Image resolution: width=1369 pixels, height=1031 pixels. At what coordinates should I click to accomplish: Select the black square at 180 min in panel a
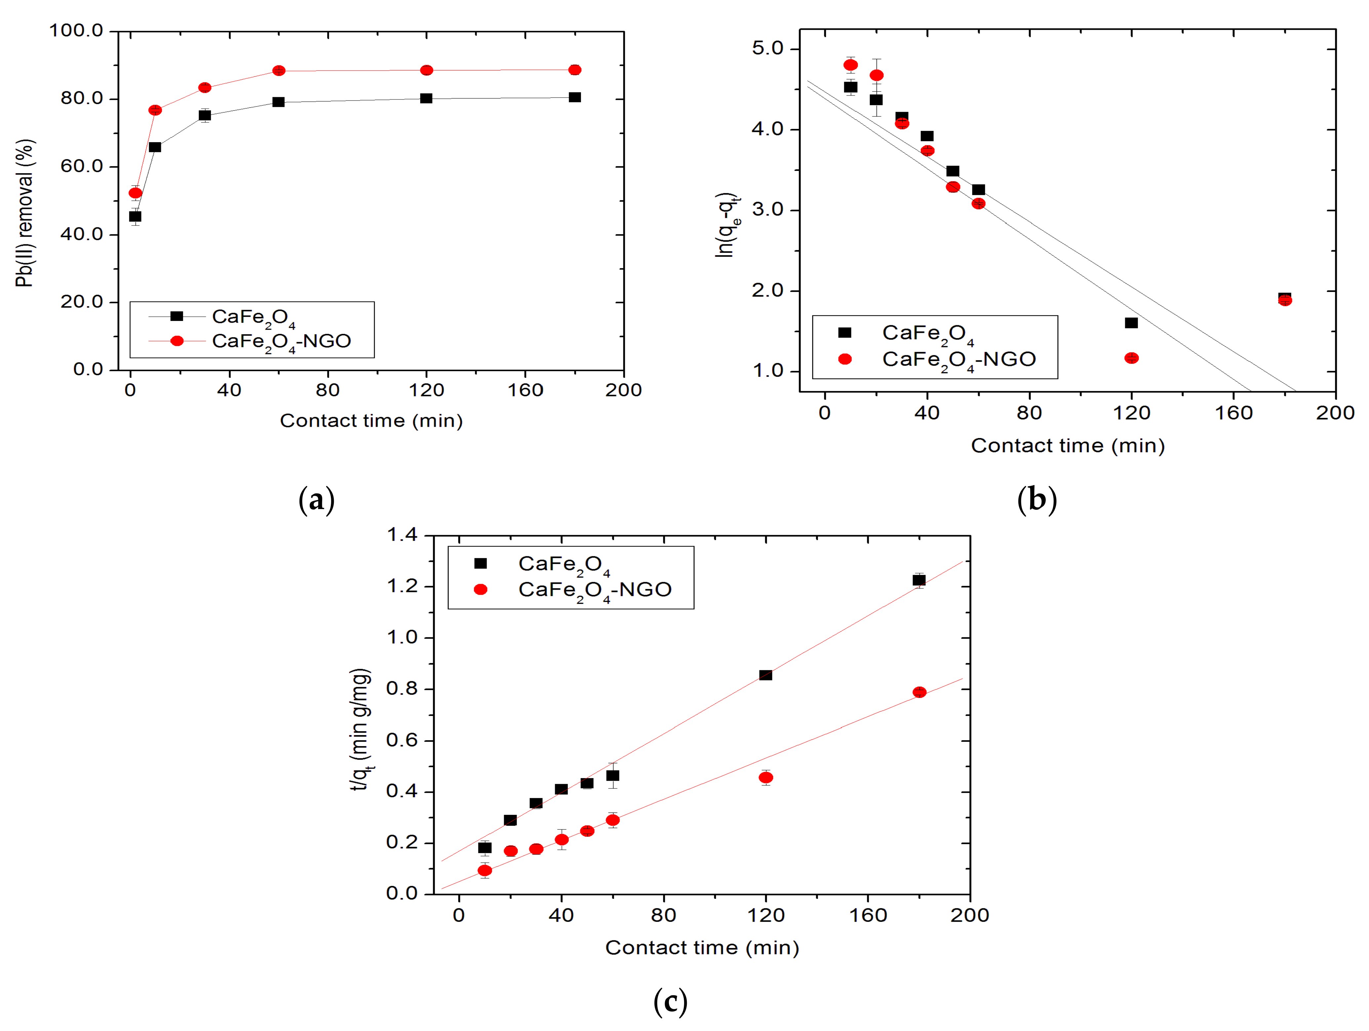tap(574, 97)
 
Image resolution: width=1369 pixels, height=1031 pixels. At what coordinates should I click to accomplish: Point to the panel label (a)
tap(316, 499)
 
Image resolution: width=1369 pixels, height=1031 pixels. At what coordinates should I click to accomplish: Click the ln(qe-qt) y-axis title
tap(726, 225)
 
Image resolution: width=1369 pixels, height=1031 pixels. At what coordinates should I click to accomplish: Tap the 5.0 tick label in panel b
tap(767, 48)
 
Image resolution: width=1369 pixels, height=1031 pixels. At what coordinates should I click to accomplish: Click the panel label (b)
tap(1037, 499)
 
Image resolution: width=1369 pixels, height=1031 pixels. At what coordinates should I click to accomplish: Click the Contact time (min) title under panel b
tap(1068, 446)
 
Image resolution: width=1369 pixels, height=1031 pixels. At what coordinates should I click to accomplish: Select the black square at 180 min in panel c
tap(919, 580)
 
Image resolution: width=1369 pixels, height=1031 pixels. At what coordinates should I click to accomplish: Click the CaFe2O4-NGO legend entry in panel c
tap(594, 590)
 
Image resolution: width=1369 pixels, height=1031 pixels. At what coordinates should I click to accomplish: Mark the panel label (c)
tap(670, 1001)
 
